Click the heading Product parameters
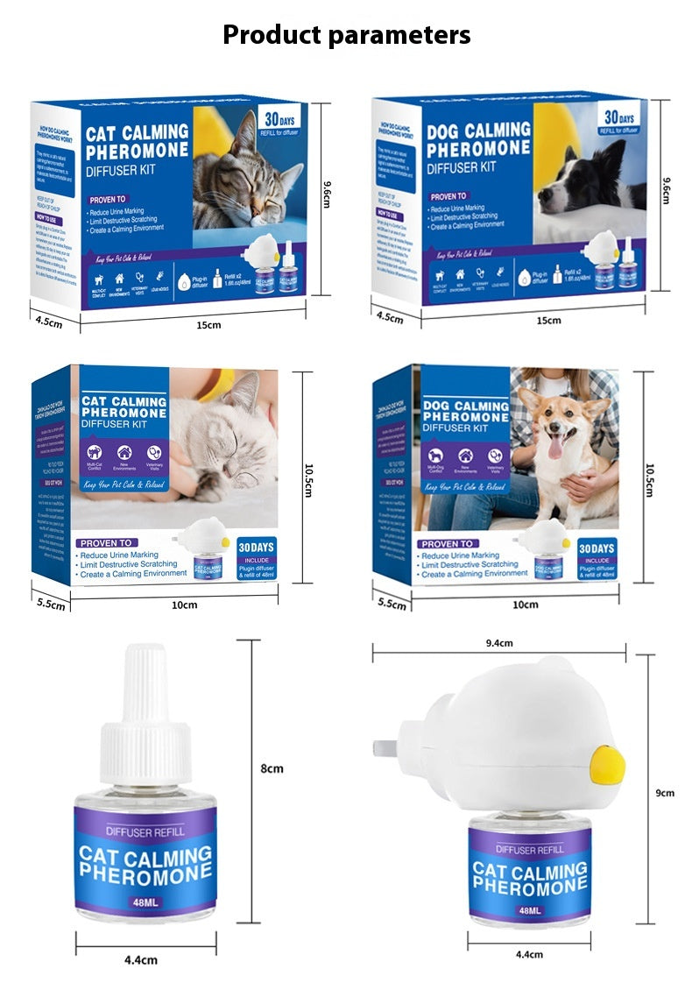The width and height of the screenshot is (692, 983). (x=346, y=35)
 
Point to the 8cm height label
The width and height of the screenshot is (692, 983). (x=272, y=768)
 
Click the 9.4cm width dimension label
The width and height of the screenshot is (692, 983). (x=498, y=643)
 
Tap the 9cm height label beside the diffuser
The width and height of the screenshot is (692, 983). (x=666, y=793)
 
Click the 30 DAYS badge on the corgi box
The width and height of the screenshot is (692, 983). (x=597, y=548)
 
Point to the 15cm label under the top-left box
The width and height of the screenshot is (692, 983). (x=208, y=325)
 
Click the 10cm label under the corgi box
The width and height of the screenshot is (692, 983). (x=525, y=605)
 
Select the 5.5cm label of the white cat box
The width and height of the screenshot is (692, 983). (x=50, y=605)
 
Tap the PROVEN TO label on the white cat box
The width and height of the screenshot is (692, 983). (x=106, y=543)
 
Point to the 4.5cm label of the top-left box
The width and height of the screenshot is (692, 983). (x=49, y=322)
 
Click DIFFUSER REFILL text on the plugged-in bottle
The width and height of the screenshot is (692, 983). (x=530, y=849)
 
